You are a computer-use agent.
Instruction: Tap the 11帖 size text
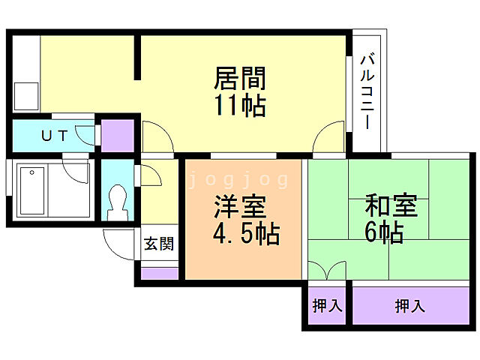click(x=240, y=106)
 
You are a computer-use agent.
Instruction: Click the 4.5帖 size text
click(x=246, y=235)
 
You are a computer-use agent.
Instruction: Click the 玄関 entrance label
click(x=159, y=243)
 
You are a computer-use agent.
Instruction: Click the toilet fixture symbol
click(x=118, y=202)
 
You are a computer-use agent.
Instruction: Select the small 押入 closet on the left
click(x=327, y=306)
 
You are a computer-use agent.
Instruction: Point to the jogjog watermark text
click(x=238, y=180)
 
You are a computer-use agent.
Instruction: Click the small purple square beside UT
click(x=117, y=135)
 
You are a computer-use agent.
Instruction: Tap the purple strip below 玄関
click(x=159, y=271)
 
